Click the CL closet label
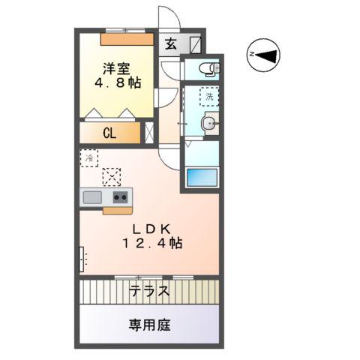[109, 134]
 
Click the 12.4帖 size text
[153, 243]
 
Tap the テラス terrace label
[148, 291]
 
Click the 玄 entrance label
[171, 43]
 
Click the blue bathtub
[201, 178]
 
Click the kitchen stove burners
[121, 197]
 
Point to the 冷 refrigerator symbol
[89, 158]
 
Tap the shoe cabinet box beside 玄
[194, 43]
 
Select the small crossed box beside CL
[148, 134]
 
